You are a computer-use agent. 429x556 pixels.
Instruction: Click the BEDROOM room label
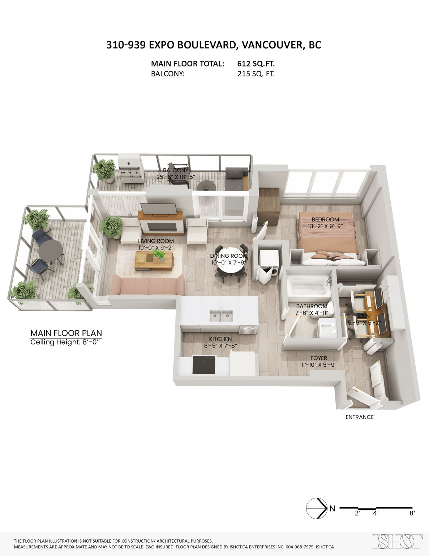(x=325, y=219)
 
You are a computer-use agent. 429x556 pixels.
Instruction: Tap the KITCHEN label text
(x=220, y=339)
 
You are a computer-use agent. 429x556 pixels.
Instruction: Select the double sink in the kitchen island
(x=220, y=316)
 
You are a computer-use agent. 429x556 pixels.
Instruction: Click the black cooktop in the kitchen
(x=204, y=365)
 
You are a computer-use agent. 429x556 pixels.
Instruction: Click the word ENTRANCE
(x=360, y=417)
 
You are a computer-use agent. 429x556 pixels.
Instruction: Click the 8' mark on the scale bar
(x=412, y=513)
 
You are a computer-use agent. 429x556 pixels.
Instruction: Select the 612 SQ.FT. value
(x=256, y=64)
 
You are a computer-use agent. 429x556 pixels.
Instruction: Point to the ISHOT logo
(x=397, y=542)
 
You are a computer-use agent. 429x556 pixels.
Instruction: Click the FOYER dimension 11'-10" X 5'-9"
(x=318, y=365)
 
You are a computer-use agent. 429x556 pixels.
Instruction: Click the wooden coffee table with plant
(x=154, y=260)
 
